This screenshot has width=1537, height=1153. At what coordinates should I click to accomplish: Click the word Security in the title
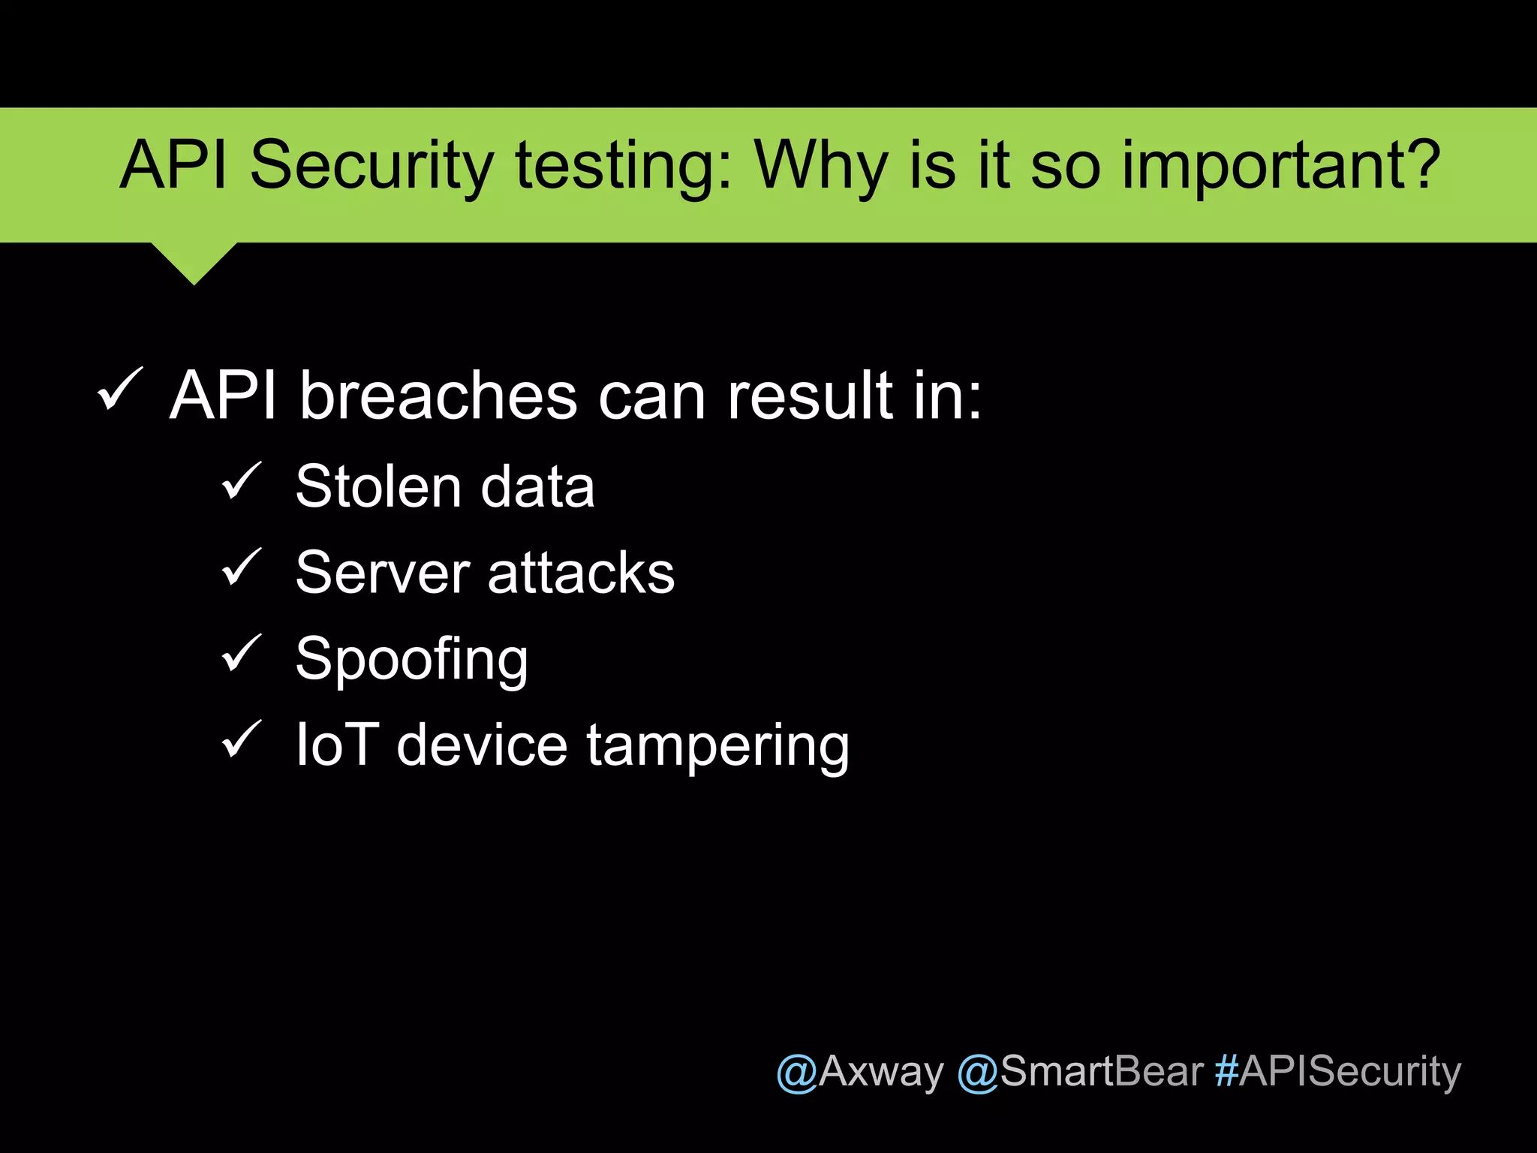(x=371, y=167)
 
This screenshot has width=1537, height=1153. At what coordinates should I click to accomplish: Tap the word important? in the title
(x=1280, y=167)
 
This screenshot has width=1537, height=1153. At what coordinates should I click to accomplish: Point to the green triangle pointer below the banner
(x=194, y=261)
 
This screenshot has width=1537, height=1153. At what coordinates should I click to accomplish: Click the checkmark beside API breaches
(x=120, y=390)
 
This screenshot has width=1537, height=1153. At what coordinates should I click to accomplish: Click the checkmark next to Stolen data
(x=242, y=481)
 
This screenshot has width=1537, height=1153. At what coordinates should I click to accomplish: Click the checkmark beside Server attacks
(x=242, y=567)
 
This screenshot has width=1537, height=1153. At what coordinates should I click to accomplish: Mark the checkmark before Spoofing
(x=242, y=653)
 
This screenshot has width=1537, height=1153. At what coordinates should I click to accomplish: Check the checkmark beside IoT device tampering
(x=242, y=739)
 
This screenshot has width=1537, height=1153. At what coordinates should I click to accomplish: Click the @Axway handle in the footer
(x=859, y=1071)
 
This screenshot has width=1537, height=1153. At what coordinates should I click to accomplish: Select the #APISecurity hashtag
(x=1338, y=1071)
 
